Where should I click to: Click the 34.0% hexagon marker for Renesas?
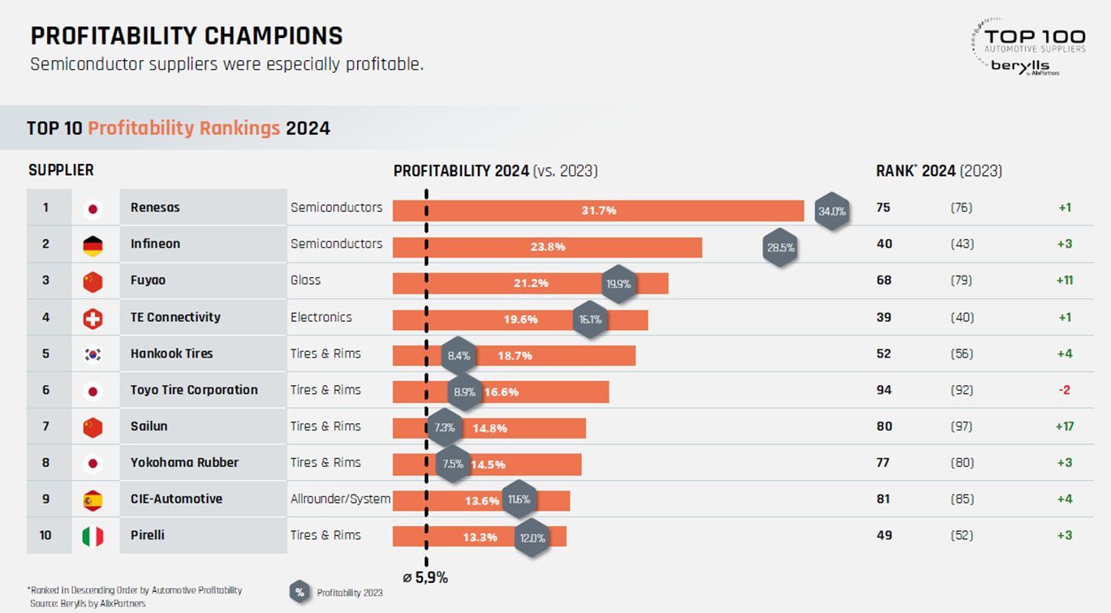(831, 211)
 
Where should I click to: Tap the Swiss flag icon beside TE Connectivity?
(93, 319)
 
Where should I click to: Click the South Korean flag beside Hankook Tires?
(93, 354)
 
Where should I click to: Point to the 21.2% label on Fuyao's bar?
(531, 283)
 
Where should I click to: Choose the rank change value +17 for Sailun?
(1065, 426)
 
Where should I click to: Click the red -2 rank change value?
(1065, 390)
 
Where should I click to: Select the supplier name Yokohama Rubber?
(184, 462)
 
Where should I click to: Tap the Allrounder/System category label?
(340, 499)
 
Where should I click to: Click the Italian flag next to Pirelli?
(93, 536)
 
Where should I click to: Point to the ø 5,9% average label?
(425, 578)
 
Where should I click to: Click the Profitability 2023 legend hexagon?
(299, 593)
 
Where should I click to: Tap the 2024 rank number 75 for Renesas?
(883, 208)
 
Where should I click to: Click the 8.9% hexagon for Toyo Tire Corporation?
(464, 392)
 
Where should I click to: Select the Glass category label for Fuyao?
(305, 280)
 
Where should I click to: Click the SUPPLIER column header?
(61, 170)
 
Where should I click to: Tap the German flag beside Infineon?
(93, 246)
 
